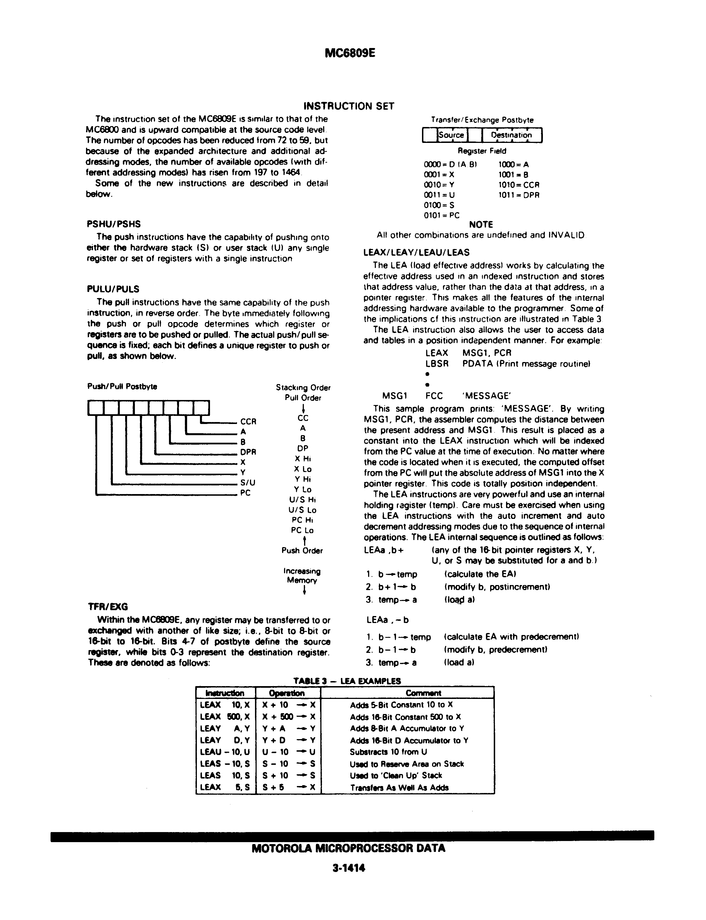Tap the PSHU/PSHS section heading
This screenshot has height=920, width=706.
[113, 224]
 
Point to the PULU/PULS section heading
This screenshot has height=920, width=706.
[113, 289]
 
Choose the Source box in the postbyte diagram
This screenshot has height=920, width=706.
[451, 135]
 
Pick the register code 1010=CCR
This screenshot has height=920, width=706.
[519, 185]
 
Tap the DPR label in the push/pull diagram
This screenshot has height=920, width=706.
[248, 452]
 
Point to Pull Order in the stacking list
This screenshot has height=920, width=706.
[302, 398]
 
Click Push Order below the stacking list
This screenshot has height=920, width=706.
[302, 550]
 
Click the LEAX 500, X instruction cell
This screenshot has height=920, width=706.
[225, 717]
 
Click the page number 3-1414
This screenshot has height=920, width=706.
[349, 868]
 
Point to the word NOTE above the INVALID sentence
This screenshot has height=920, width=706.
[481, 225]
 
